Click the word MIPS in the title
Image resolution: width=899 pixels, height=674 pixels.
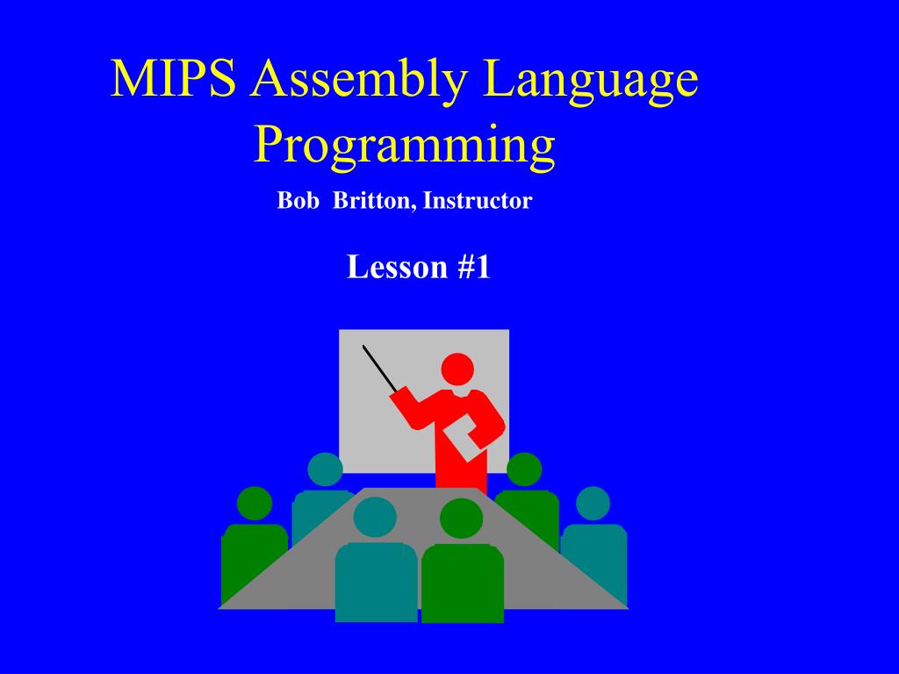[174, 81]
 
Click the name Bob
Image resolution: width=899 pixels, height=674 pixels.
[296, 201]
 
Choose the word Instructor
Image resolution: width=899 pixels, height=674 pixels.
[478, 201]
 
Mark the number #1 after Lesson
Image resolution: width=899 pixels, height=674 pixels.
[473, 267]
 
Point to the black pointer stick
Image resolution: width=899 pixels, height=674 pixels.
[379, 368]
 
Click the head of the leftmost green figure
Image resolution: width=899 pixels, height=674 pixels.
[255, 503]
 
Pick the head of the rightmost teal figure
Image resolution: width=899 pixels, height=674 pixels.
[593, 503]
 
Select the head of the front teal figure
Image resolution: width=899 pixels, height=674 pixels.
[375, 517]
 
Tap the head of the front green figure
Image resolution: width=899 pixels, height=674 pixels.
[462, 519]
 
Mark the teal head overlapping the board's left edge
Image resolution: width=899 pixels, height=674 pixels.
[325, 470]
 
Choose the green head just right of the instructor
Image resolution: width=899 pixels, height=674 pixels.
[524, 470]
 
